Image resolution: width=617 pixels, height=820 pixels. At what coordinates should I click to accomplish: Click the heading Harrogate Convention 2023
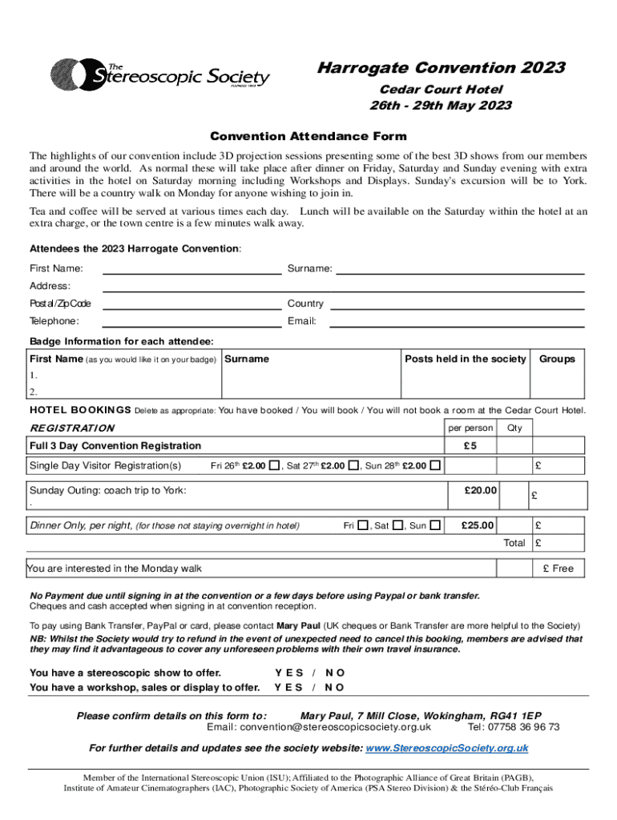click(x=440, y=68)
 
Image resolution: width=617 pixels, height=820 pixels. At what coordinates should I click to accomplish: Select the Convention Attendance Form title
click(x=308, y=136)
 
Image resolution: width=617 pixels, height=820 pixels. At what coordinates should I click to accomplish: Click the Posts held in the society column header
click(x=466, y=359)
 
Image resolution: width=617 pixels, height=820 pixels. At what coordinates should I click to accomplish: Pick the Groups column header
click(x=557, y=359)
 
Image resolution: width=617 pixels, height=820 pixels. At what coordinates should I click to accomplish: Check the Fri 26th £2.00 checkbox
click(x=275, y=465)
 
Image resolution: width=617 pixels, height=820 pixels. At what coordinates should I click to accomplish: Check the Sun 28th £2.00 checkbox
click(x=434, y=465)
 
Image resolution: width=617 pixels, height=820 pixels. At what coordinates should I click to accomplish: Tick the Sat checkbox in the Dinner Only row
click(x=398, y=526)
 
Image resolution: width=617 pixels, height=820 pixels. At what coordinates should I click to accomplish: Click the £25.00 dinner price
click(x=478, y=526)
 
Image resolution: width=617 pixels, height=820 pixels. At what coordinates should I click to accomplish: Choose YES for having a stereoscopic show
click(x=288, y=673)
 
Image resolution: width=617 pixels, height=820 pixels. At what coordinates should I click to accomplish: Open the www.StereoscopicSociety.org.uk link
click(x=446, y=748)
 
